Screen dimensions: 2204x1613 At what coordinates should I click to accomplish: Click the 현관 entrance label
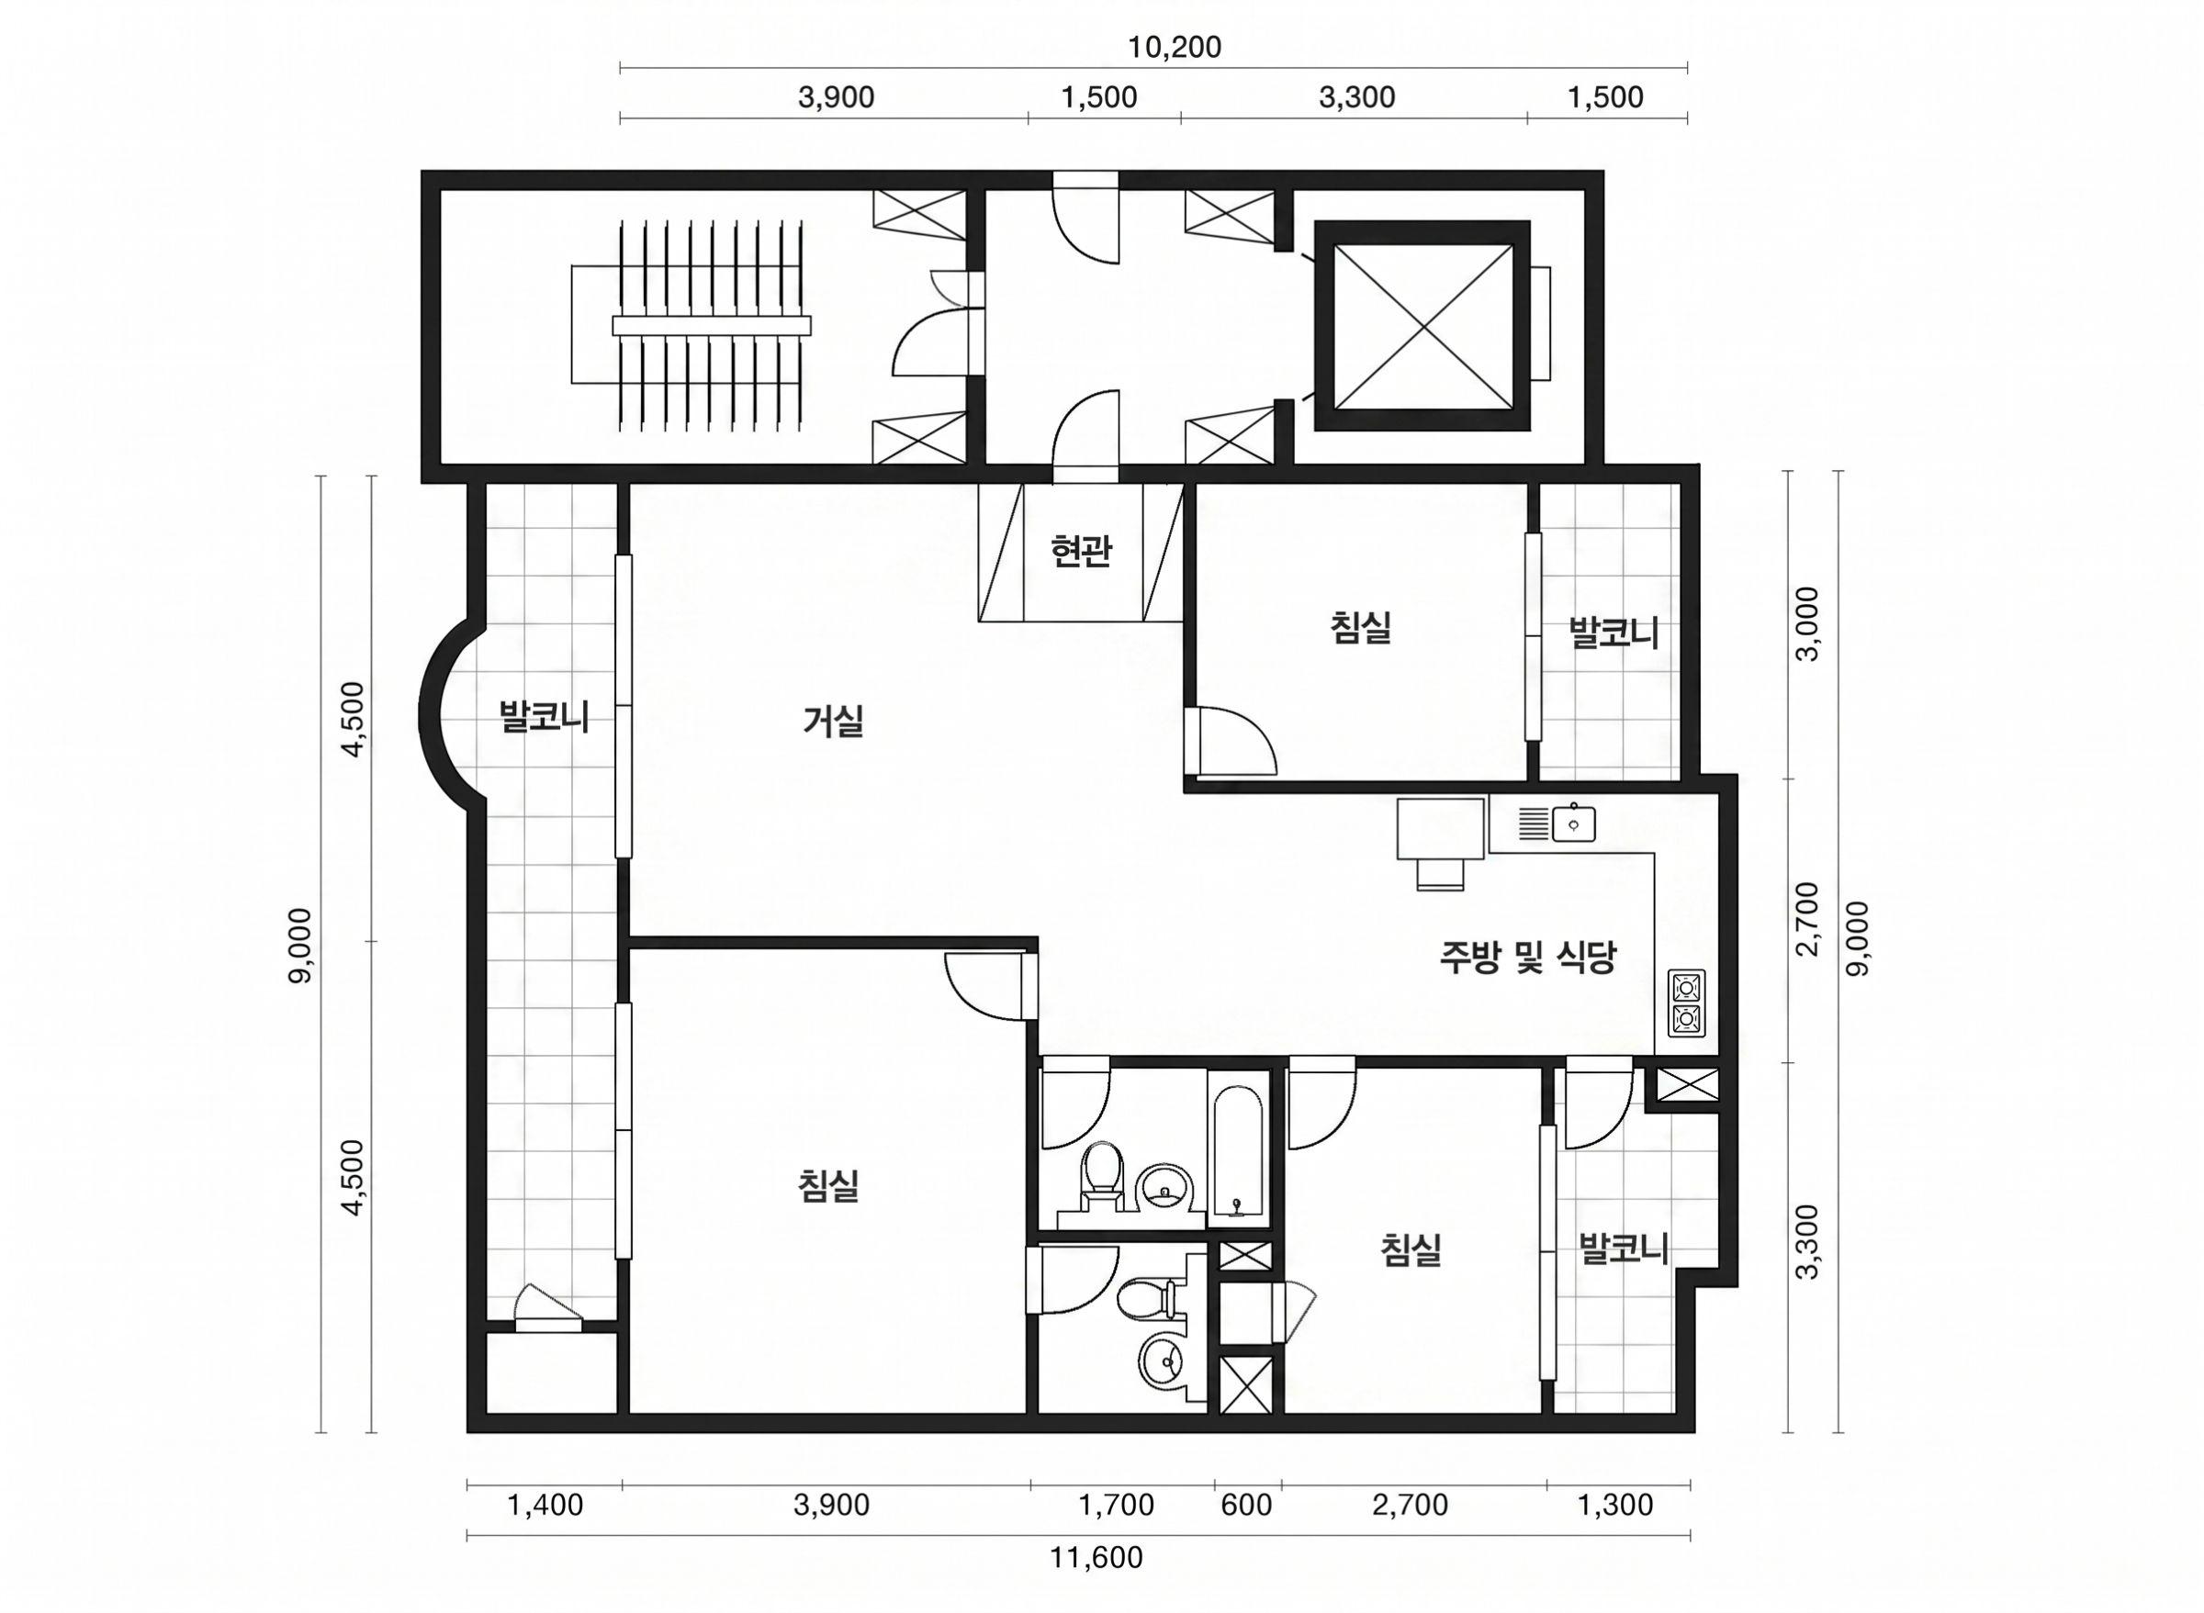click(x=1080, y=553)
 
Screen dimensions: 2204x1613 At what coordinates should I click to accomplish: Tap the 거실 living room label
click(x=833, y=722)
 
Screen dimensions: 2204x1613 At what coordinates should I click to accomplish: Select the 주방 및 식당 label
click(x=1528, y=957)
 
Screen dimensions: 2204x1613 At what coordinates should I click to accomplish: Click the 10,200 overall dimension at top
click(x=1175, y=47)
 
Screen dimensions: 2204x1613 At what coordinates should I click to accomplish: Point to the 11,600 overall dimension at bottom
click(x=1096, y=1557)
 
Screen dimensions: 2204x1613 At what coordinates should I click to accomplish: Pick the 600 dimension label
click(x=1246, y=1505)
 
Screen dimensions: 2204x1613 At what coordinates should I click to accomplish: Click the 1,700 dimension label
click(x=1116, y=1505)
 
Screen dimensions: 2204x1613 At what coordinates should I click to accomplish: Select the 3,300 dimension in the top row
click(x=1356, y=97)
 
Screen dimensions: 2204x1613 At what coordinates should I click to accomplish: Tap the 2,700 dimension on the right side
click(x=1807, y=919)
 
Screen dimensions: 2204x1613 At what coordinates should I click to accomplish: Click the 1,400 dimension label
click(x=545, y=1505)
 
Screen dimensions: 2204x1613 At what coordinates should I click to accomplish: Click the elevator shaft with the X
click(x=1422, y=325)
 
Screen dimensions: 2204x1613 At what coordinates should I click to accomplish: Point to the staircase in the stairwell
click(x=711, y=326)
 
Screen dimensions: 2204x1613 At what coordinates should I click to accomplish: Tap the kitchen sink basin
click(x=1573, y=823)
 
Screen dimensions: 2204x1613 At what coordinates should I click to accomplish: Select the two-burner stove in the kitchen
click(x=1685, y=1002)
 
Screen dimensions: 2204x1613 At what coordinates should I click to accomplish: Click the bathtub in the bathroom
click(x=1238, y=1148)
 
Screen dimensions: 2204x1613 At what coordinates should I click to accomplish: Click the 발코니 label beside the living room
click(x=544, y=717)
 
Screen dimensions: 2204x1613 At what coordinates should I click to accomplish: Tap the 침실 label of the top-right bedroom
click(x=1360, y=627)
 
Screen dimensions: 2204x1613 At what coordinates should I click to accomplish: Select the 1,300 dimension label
click(x=1616, y=1505)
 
